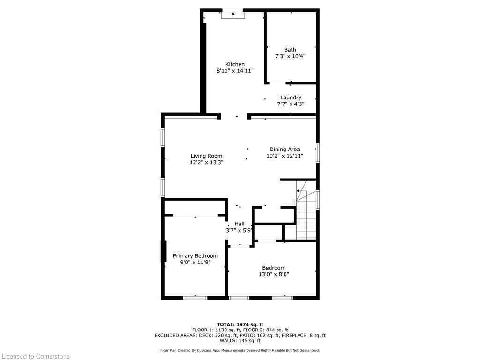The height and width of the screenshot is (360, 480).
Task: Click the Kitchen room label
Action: pos(235,64)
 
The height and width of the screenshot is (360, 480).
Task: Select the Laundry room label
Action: pos(291,97)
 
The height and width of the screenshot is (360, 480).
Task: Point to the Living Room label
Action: pos(206,156)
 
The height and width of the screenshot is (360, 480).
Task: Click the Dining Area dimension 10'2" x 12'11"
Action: pos(285,156)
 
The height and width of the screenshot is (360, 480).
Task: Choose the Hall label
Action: pos(240,224)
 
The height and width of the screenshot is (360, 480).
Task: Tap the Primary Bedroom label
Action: pos(195,256)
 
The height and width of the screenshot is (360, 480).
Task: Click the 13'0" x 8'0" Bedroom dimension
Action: pos(274,274)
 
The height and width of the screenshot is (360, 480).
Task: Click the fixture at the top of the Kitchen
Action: pos(233,15)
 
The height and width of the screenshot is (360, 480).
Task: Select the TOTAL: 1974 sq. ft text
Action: pos(240,324)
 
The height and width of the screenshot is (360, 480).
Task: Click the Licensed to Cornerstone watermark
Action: pos(35,356)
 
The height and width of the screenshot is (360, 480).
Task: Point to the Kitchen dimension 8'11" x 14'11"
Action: pos(235,71)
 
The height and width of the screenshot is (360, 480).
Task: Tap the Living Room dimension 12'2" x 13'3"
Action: pos(206,162)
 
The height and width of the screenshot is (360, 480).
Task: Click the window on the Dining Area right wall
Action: pos(317,153)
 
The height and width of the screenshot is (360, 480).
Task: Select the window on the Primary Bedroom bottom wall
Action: pos(195,297)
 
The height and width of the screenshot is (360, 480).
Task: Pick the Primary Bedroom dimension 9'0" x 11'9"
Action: pos(195,262)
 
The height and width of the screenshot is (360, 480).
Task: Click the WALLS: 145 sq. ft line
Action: pos(240,341)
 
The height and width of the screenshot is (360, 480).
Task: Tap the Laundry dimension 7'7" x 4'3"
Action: pos(291,104)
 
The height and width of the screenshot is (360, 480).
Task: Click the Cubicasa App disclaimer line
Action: pos(240,350)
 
